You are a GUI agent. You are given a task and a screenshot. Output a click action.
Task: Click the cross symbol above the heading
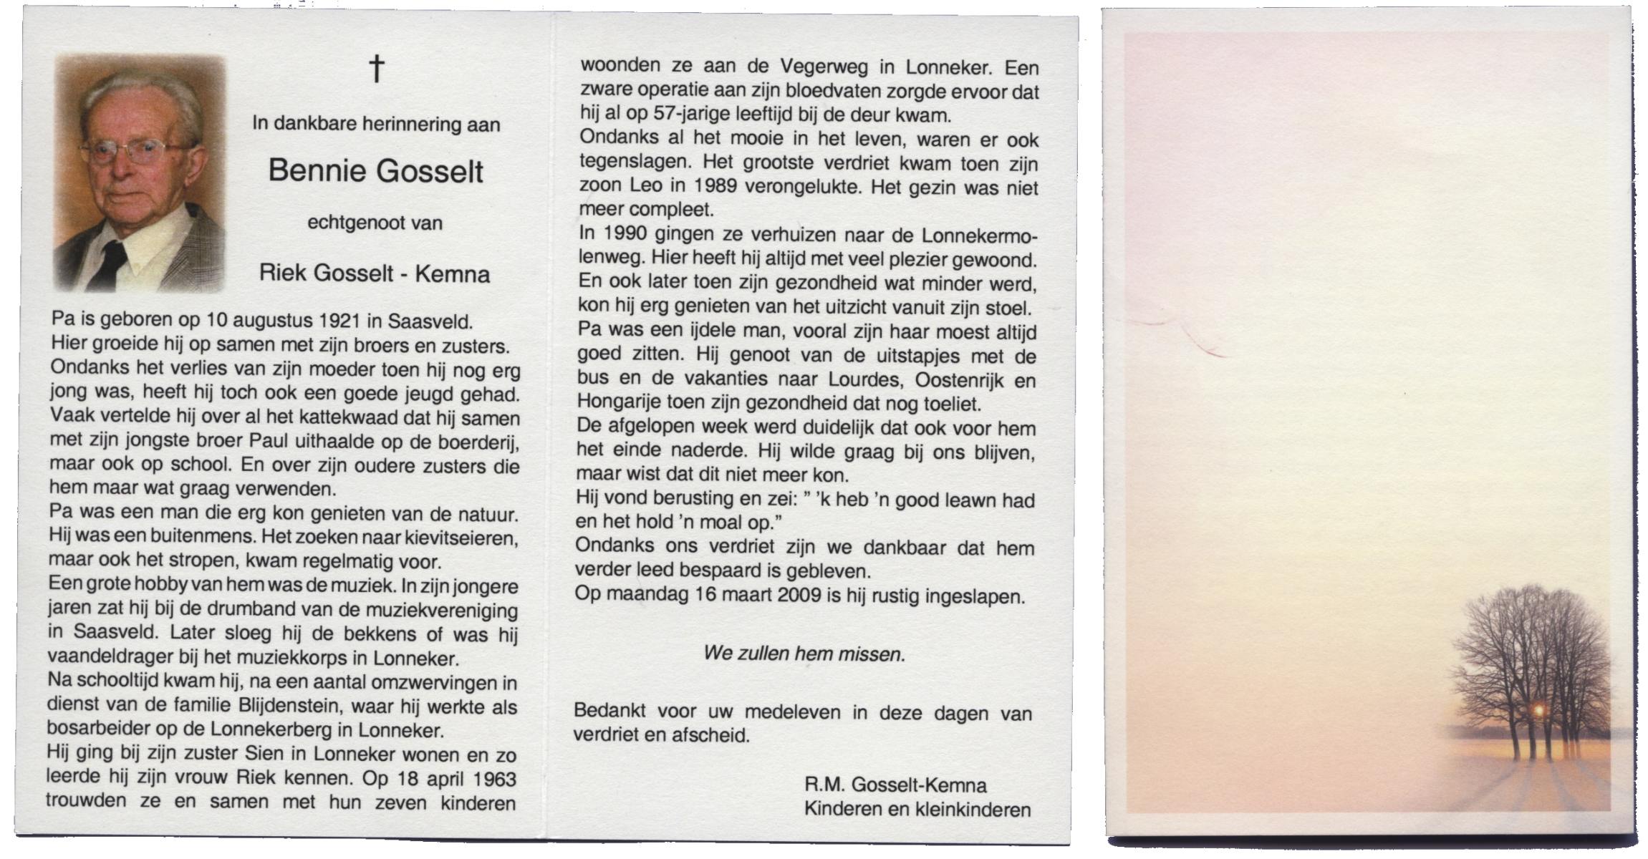click(377, 69)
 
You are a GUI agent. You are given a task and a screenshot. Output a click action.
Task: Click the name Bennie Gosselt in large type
click(375, 171)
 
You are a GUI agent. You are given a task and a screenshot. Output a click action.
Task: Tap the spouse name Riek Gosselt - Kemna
click(375, 273)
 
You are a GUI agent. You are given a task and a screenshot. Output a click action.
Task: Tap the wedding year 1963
click(488, 779)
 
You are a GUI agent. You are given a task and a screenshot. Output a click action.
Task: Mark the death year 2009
click(795, 596)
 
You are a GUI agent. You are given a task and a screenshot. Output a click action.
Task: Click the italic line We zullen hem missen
click(804, 654)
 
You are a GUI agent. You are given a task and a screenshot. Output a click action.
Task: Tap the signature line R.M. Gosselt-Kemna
click(895, 785)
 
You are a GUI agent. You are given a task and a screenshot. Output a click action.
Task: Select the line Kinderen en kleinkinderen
click(917, 810)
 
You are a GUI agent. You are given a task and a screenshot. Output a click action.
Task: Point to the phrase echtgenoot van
click(375, 223)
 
